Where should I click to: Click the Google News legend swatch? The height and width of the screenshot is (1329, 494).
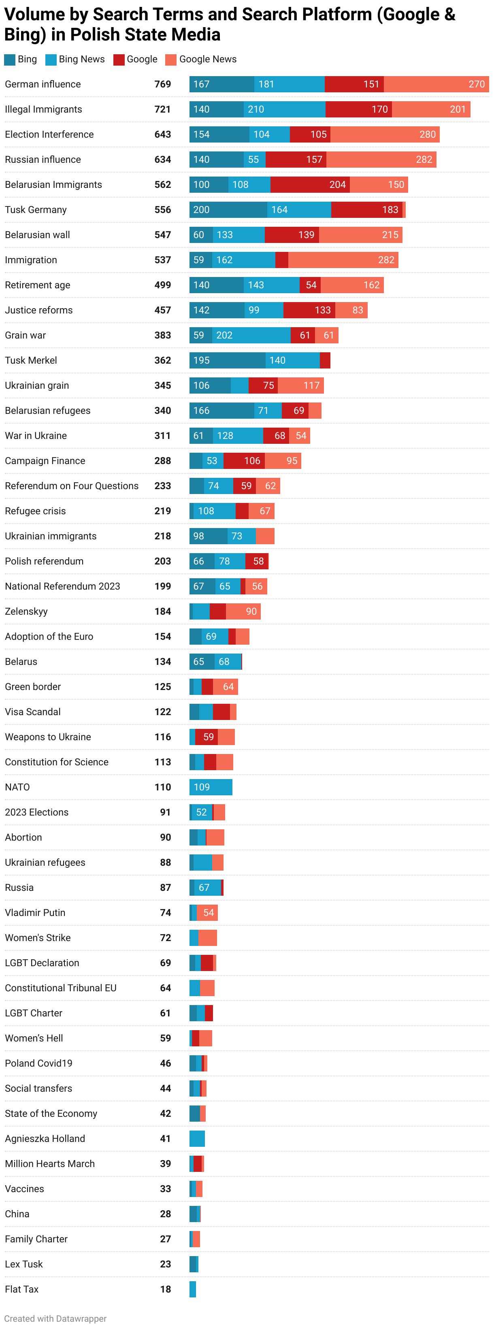[171, 60]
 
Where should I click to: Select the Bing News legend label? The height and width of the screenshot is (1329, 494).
[81, 60]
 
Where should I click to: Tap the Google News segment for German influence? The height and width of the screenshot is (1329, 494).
[436, 84]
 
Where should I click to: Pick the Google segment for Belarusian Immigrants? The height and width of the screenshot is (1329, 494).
[310, 185]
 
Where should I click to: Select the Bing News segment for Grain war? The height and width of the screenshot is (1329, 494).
[251, 335]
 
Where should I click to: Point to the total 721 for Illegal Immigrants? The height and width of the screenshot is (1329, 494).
[162, 109]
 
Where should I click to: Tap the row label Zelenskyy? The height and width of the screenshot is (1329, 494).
[26, 611]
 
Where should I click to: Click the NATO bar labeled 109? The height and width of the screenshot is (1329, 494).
[211, 787]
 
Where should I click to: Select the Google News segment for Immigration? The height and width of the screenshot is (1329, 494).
[343, 260]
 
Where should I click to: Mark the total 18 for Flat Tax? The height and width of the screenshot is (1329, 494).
[165, 1289]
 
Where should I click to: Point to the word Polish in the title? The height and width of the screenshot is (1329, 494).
[94, 34]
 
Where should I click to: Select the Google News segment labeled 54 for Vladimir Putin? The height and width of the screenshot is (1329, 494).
[207, 913]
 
